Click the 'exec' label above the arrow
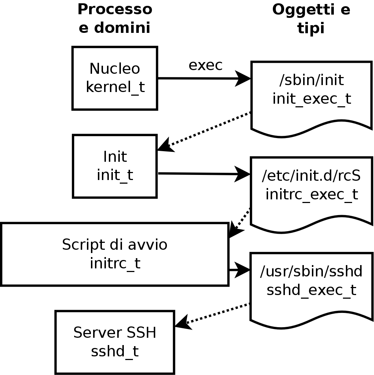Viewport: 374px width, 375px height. click(x=205, y=65)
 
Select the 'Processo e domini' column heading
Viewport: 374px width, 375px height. click(x=115, y=18)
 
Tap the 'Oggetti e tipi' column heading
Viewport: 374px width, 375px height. click(x=311, y=18)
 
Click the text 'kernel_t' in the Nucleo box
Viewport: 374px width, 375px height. click(x=115, y=87)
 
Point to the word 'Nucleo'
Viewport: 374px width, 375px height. click(x=115, y=69)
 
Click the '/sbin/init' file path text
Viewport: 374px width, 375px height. click(x=312, y=80)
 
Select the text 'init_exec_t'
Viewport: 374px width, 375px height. click(x=312, y=99)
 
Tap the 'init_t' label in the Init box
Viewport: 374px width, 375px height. click(x=115, y=175)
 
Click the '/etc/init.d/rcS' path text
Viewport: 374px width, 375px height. click(x=312, y=176)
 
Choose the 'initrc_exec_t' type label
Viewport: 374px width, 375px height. click(x=312, y=194)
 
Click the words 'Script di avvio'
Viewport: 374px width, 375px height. click(x=115, y=244)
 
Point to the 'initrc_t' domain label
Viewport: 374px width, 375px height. click(x=115, y=263)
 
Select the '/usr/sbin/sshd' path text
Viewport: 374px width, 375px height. click(x=312, y=271)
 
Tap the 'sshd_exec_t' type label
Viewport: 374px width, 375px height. click(x=312, y=290)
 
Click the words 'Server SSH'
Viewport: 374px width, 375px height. click(x=115, y=333)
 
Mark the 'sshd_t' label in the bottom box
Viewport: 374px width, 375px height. click(x=115, y=351)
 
